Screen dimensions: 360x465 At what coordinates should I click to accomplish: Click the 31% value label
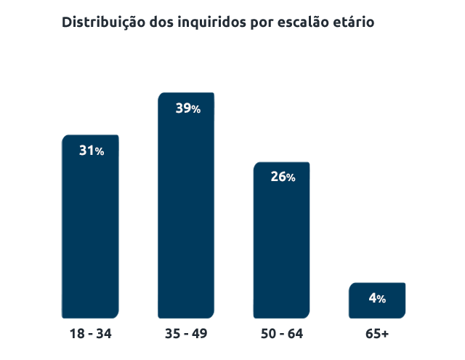point(92,151)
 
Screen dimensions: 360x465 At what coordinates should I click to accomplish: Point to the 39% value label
point(187,109)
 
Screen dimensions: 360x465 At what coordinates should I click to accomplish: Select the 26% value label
point(283,177)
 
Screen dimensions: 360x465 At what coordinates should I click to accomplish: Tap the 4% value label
point(377,299)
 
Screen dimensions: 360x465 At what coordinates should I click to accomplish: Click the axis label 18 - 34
point(91,334)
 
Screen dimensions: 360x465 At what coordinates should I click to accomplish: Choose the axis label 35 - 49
point(187,334)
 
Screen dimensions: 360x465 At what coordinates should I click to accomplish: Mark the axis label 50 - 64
point(282,334)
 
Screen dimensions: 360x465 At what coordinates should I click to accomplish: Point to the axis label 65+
point(377,334)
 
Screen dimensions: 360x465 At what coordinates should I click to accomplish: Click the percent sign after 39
point(195,110)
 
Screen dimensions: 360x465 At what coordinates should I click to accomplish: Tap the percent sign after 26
point(291,178)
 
